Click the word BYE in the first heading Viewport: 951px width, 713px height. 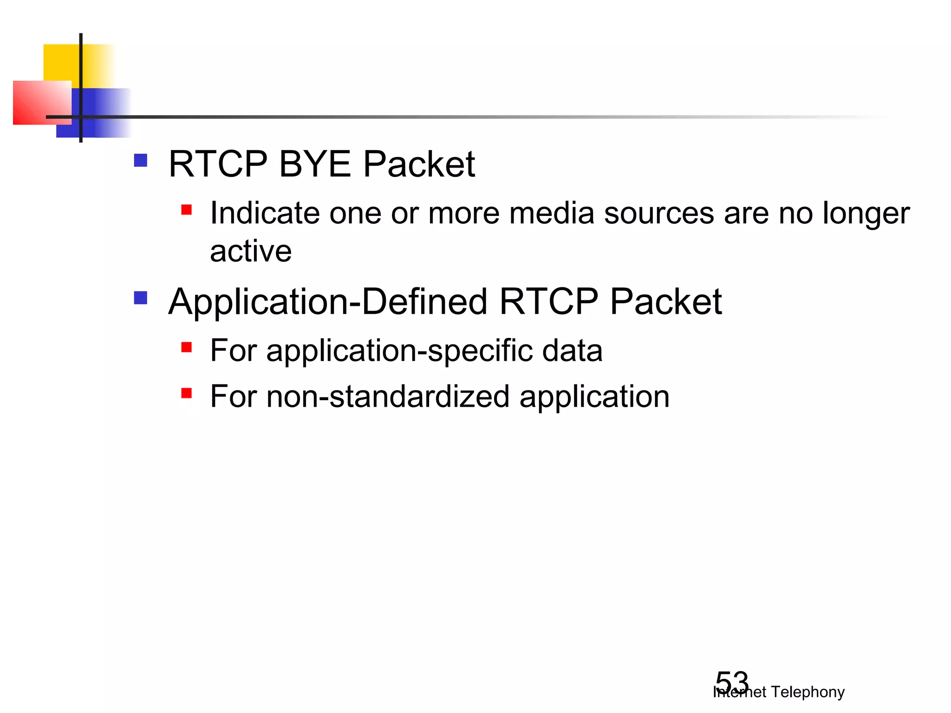coord(314,164)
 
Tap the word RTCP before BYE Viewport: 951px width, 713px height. coord(218,164)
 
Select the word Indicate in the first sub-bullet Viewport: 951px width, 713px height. coord(265,214)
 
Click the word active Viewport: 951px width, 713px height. coord(251,251)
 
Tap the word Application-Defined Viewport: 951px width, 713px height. coord(328,302)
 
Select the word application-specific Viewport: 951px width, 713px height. coord(399,351)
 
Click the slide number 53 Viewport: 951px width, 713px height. coord(732,682)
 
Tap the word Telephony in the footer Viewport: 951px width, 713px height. coord(808,692)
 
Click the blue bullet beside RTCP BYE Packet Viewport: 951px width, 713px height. coord(140,161)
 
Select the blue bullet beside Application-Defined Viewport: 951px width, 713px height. coord(140,298)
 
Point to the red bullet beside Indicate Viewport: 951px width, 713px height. coord(187,210)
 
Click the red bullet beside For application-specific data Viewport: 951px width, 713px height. coord(187,347)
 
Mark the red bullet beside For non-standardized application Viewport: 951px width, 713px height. coord(187,394)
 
